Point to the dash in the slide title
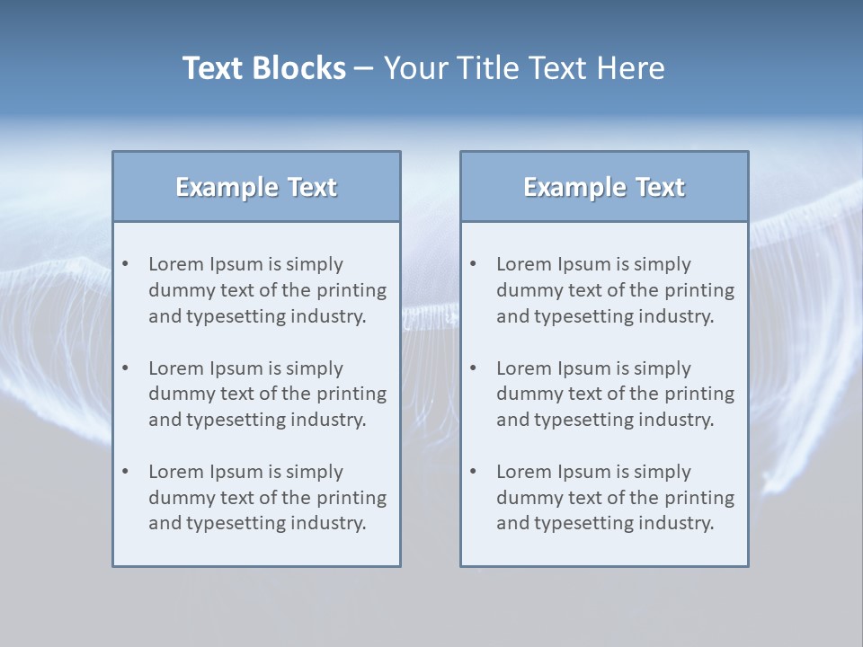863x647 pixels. (x=364, y=69)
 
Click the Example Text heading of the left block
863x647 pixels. (x=256, y=187)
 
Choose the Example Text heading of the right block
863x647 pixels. (x=604, y=187)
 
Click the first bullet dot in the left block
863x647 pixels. (x=125, y=264)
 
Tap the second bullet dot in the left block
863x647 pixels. (x=125, y=368)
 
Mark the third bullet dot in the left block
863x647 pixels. (x=125, y=472)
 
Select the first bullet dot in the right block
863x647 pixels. (x=473, y=264)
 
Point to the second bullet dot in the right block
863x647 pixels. (x=473, y=368)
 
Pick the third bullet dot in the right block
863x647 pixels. (x=473, y=472)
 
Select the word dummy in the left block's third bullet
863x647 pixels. (x=178, y=498)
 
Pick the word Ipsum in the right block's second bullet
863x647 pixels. (x=584, y=368)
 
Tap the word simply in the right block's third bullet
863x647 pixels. (x=662, y=472)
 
